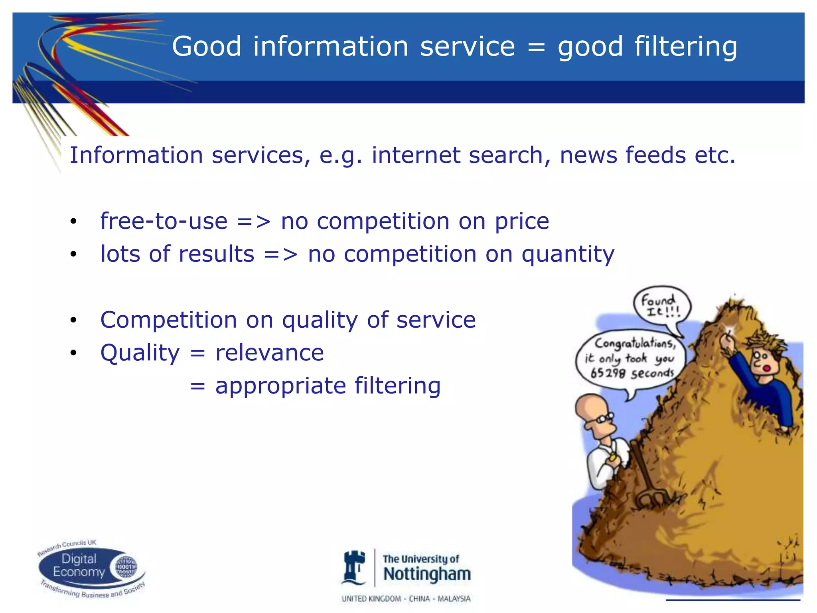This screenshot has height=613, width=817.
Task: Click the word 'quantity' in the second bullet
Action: click(568, 255)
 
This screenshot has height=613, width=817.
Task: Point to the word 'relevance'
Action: click(269, 353)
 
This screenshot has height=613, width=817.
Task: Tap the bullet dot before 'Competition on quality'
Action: click(73, 320)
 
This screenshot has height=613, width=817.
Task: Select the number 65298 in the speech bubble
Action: click(608, 373)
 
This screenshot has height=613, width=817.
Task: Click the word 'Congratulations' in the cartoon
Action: click(635, 343)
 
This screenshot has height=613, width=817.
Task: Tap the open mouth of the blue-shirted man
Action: click(766, 368)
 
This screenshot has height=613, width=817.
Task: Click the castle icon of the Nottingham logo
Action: click(354, 568)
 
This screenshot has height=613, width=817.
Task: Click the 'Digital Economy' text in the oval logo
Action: click(79, 566)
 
